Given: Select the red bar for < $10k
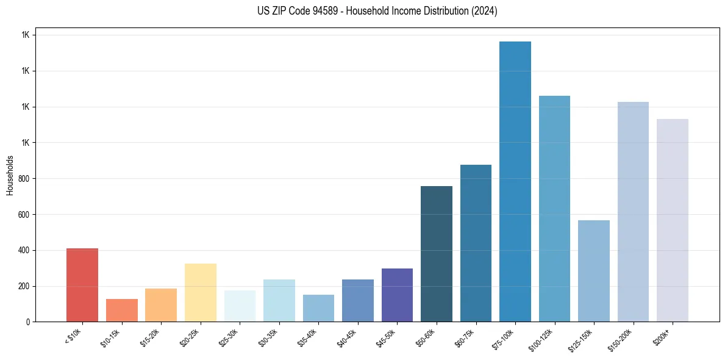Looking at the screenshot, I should click(82, 285).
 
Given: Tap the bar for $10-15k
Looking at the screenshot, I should click(122, 310).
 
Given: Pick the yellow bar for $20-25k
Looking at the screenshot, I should click(201, 292).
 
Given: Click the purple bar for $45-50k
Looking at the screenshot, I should click(397, 295).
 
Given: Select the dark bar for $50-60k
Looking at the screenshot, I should click(437, 254).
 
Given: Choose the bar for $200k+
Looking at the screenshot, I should click(673, 220).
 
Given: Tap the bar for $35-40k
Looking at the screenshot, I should click(318, 308).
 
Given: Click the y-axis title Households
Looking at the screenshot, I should click(10, 175).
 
